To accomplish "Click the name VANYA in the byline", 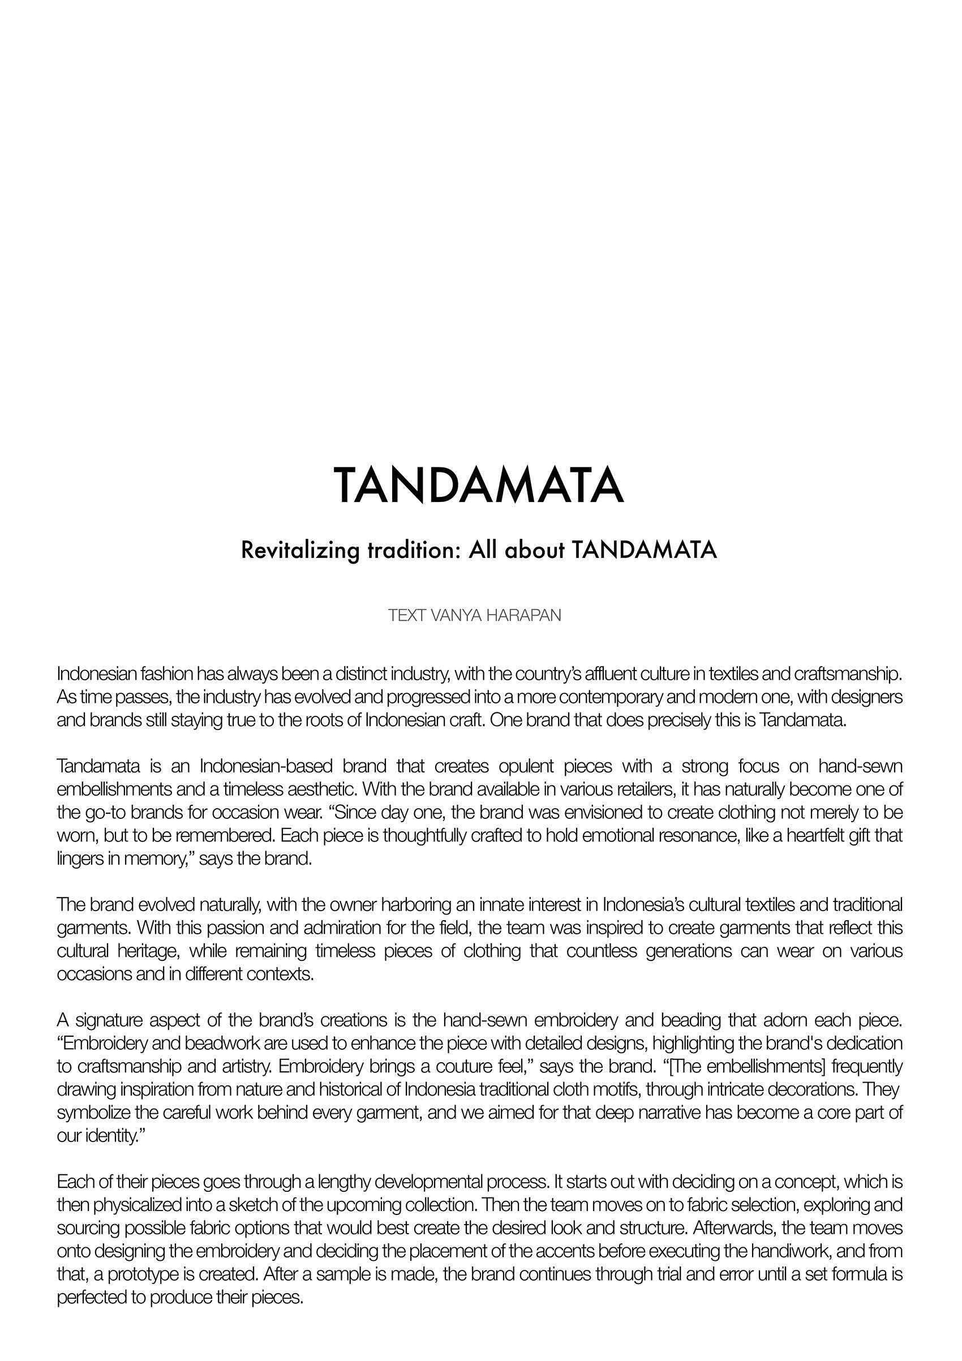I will tap(456, 615).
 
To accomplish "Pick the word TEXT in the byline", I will tap(407, 615).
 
